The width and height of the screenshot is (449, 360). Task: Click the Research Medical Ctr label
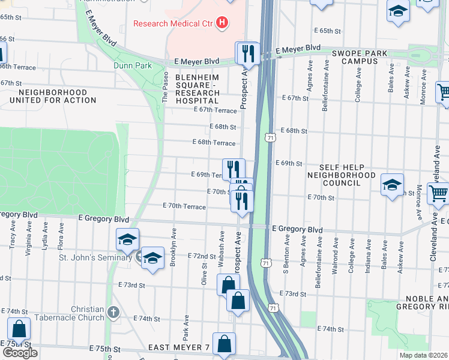pyautogui.click(x=173, y=24)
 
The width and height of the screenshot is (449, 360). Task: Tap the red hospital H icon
pyautogui.click(x=223, y=23)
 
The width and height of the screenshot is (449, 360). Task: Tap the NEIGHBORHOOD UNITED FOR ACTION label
pyautogui.click(x=57, y=96)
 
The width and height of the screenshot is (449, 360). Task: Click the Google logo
pyautogui.click(x=20, y=353)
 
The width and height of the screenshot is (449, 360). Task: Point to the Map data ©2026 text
pyautogui.click(x=423, y=355)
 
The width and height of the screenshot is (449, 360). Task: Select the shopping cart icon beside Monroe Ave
pyautogui.click(x=442, y=92)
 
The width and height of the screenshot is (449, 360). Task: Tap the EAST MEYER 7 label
pyautogui.click(x=182, y=348)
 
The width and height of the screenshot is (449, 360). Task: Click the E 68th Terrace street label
pyautogui.click(x=214, y=142)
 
